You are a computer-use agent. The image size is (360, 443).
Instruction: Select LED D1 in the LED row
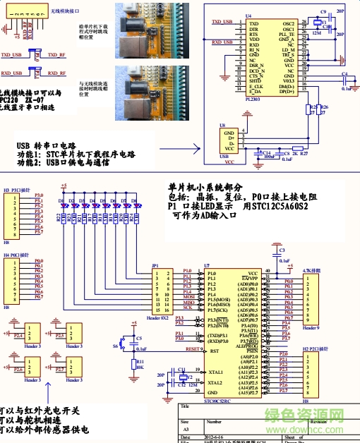point(62,207)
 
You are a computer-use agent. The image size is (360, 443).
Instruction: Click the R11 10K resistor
point(131,363)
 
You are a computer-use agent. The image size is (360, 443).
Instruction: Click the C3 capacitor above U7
point(281,250)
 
